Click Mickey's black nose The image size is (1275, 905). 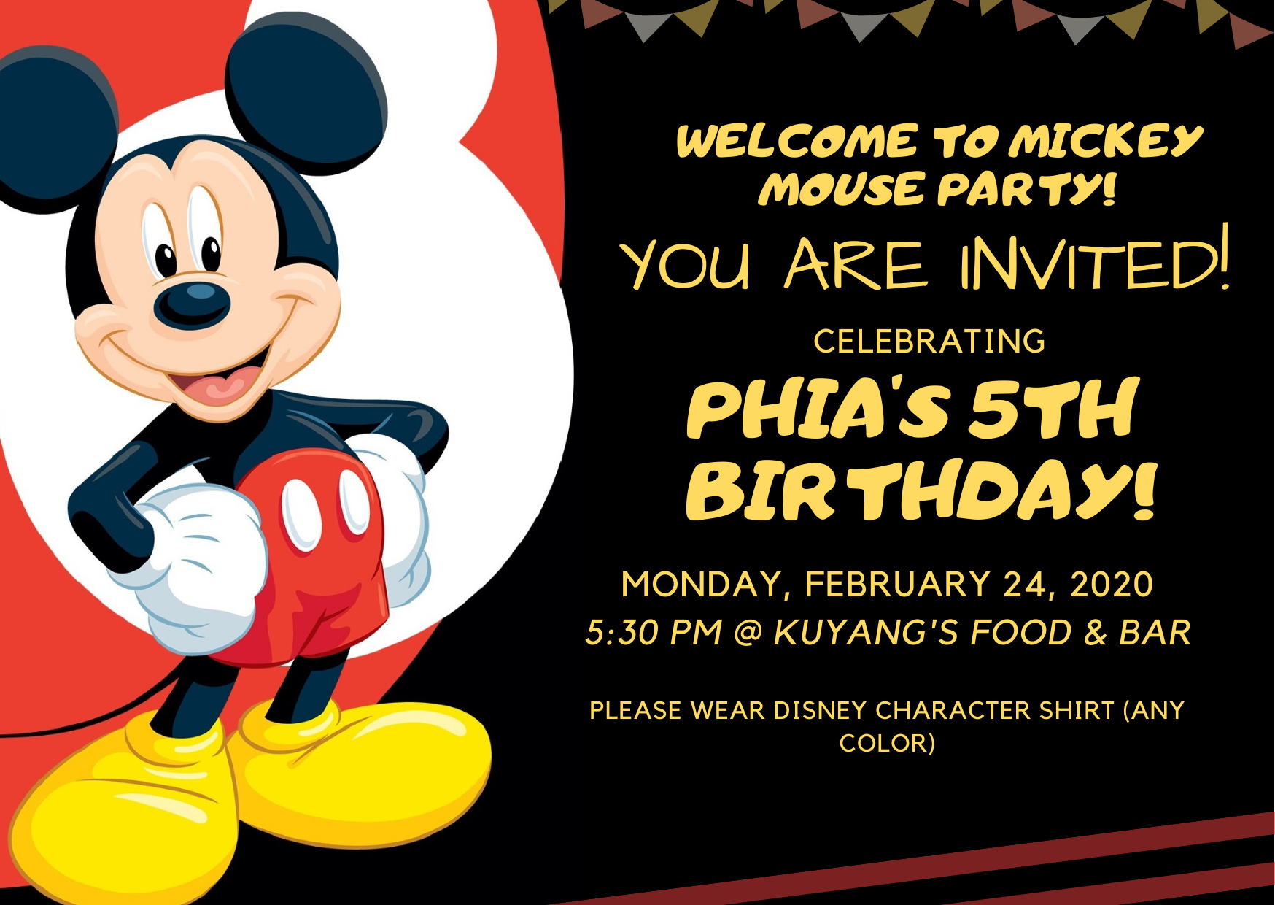(191, 304)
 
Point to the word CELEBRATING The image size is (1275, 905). (929, 342)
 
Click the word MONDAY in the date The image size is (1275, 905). (701, 585)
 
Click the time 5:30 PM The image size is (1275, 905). (654, 633)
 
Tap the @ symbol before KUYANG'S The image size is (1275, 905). (748, 633)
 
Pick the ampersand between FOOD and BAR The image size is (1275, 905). (1096, 633)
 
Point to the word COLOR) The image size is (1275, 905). (887, 743)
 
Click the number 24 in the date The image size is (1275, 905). (1027, 584)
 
